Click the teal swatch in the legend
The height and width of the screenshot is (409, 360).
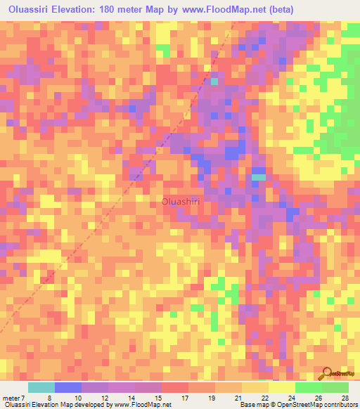pos(41,387)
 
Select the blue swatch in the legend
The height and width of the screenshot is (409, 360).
pos(68,387)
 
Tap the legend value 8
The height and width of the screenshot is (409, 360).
pos(49,398)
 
